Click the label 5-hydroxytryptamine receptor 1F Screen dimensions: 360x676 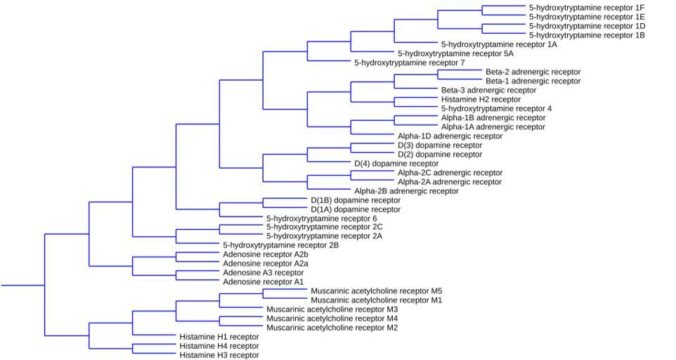[587, 8]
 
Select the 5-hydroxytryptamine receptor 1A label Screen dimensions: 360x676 [499, 44]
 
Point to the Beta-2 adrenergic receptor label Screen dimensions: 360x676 [533, 72]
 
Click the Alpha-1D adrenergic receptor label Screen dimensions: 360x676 [450, 136]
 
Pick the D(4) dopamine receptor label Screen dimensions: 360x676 [396, 163]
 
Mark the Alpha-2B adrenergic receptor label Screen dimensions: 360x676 [406, 191]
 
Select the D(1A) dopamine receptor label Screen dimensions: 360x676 [356, 209]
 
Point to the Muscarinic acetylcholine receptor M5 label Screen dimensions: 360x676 [376, 290]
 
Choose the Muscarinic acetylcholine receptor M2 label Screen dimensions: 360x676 [332, 327]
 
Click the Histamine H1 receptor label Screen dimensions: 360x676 [219, 336]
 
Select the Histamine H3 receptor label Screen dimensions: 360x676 [219, 354]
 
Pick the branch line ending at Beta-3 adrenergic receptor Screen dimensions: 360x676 [415, 90]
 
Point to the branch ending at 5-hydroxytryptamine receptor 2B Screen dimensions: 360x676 [197, 245]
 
